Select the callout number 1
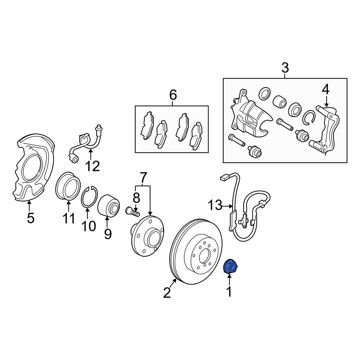[229, 292]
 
